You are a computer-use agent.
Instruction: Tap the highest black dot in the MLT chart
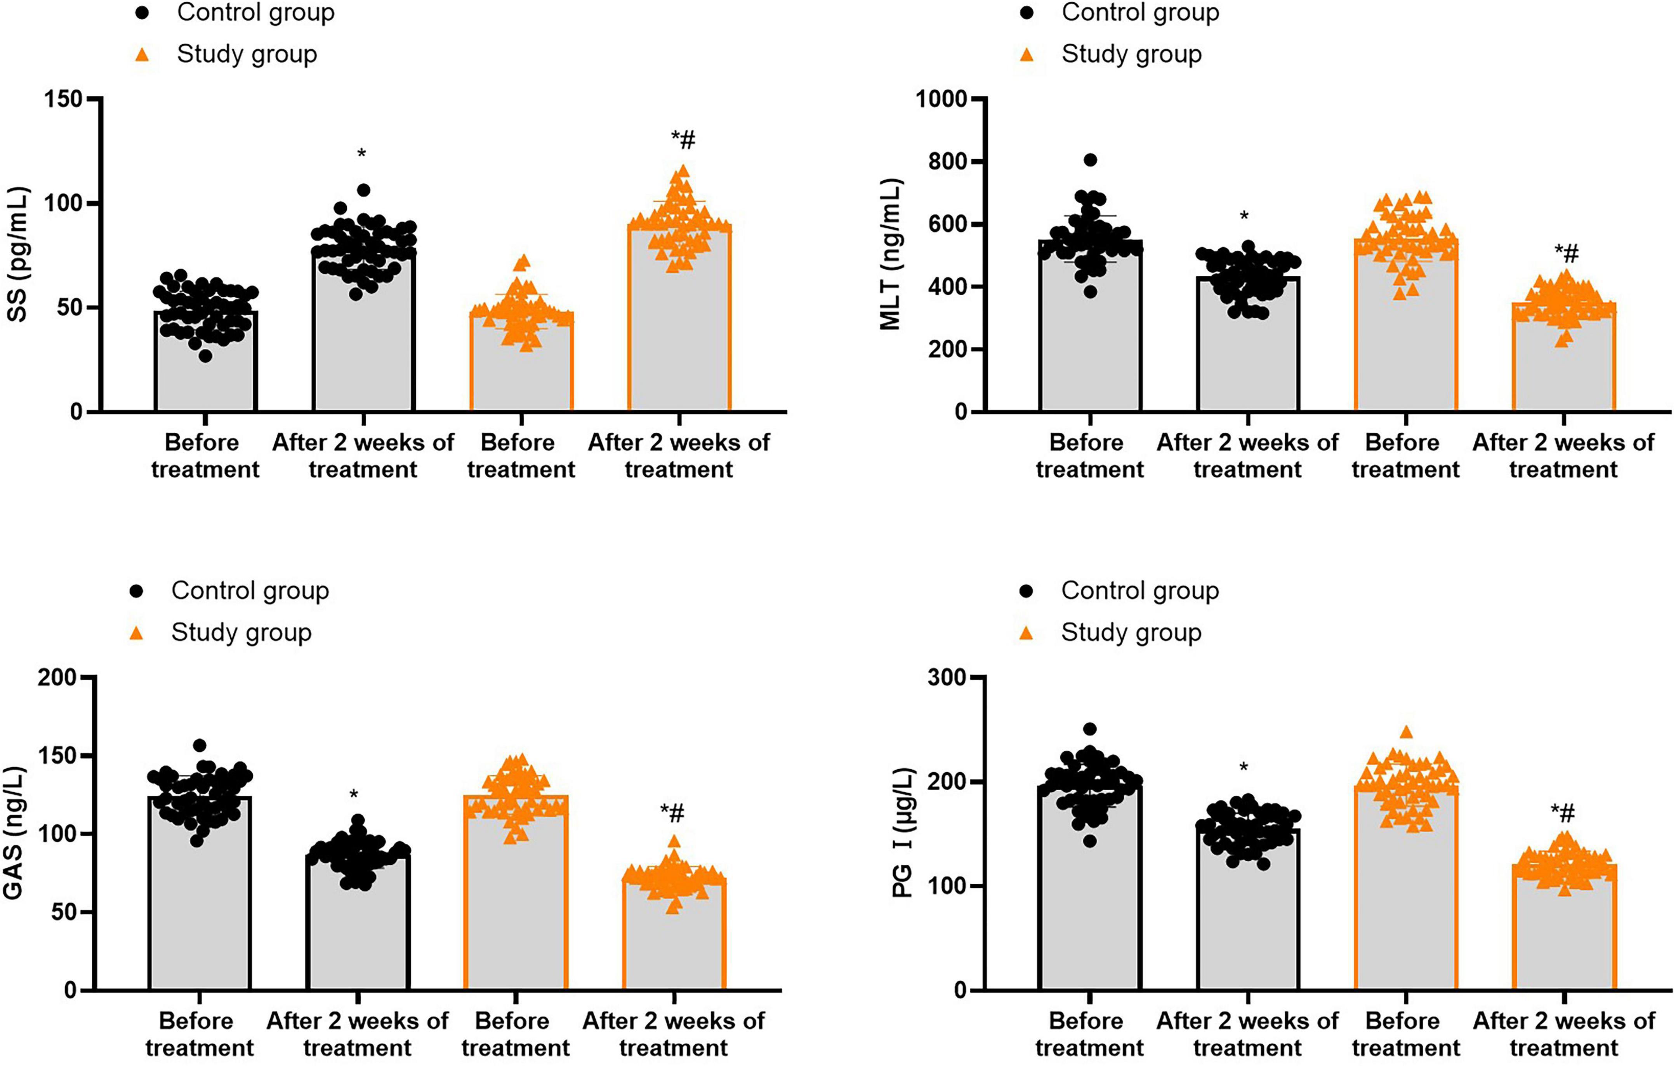(x=1090, y=160)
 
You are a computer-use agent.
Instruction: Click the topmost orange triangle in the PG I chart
(x=1406, y=732)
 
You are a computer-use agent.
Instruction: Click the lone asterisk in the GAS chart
(x=354, y=794)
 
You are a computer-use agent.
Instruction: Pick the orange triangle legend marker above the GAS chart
(x=136, y=632)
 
